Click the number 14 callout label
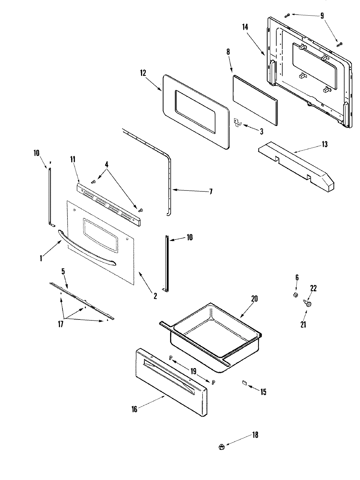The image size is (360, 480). pyautogui.click(x=245, y=27)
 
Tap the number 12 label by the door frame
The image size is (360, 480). pyautogui.click(x=143, y=73)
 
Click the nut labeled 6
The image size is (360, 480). pyautogui.click(x=295, y=295)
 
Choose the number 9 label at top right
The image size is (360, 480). pyautogui.click(x=322, y=16)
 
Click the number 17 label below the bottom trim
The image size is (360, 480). pyautogui.click(x=61, y=324)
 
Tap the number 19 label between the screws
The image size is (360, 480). pyautogui.click(x=193, y=371)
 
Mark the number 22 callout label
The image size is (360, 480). pyautogui.click(x=313, y=288)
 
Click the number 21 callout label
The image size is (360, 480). pyautogui.click(x=303, y=324)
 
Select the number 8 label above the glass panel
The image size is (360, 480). pyautogui.click(x=228, y=52)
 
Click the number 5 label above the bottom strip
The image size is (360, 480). pyautogui.click(x=63, y=272)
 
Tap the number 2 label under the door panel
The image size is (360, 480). pyautogui.click(x=155, y=296)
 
